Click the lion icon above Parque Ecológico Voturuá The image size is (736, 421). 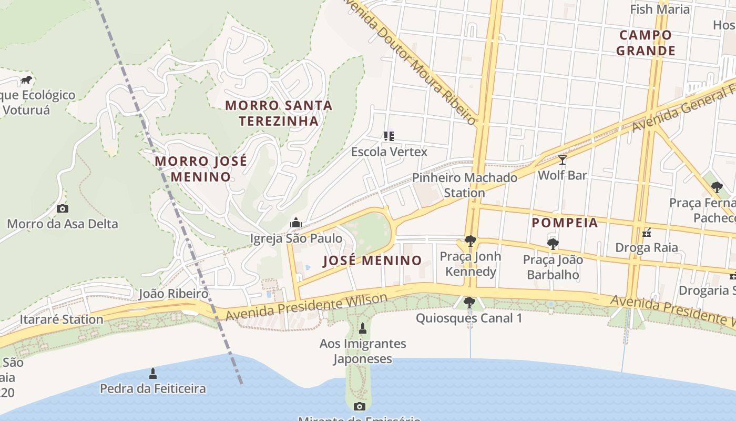click(26, 80)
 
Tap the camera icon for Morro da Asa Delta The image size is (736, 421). click(63, 208)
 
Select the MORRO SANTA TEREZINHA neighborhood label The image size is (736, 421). click(279, 113)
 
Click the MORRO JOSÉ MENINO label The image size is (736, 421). click(201, 169)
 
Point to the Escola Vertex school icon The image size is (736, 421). click(389, 136)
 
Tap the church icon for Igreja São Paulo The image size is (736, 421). click(296, 223)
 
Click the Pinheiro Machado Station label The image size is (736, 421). click(465, 185)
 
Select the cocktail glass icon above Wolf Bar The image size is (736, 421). click(563, 159)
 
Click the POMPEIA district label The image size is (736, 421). click(565, 223)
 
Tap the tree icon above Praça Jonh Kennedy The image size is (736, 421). click(471, 241)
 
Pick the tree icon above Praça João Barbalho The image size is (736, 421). click(553, 244)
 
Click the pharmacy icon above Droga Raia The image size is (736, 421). click(647, 232)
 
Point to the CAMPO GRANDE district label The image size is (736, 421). click(646, 43)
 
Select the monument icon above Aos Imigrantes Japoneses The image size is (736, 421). click(362, 329)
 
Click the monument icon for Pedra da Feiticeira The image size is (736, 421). click(153, 374)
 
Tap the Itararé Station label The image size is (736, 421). click(62, 319)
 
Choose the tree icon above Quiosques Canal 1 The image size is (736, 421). click(469, 303)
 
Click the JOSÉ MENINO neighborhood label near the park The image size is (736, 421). click(372, 260)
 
